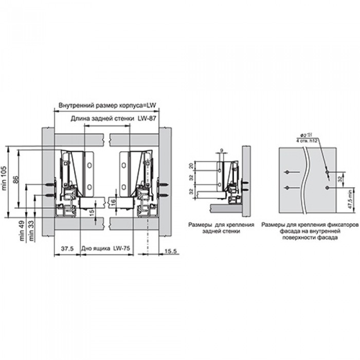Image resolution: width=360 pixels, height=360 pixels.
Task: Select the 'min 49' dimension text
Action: (x=22, y=231)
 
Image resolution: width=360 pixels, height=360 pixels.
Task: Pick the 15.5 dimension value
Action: (x=171, y=251)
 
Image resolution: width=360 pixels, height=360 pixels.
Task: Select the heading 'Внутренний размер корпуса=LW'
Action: (x=107, y=105)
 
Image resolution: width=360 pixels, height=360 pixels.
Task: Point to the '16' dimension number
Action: (x=113, y=202)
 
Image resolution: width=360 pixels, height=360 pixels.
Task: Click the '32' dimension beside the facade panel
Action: (x=340, y=178)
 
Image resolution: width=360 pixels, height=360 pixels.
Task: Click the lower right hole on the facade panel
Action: (x=327, y=188)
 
